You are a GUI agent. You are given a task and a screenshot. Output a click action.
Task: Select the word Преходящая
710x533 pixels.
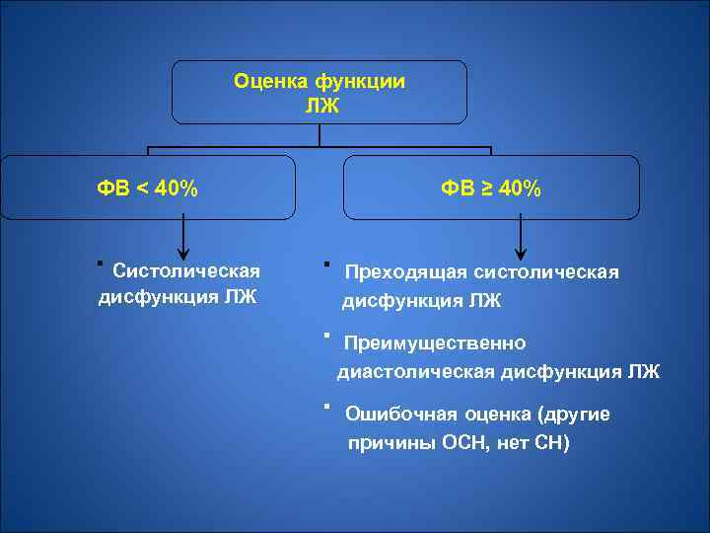pos(403,272)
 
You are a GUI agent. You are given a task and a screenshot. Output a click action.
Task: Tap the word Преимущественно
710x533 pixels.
pos(435,343)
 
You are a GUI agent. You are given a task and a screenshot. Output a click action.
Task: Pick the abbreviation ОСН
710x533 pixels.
pos(451,443)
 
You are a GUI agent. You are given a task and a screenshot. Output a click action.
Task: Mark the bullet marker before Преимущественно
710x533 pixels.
pos(324,336)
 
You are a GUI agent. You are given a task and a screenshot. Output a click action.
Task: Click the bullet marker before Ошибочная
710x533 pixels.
pos(324,407)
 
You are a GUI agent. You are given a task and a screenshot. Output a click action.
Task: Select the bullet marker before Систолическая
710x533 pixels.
pos(100,264)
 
